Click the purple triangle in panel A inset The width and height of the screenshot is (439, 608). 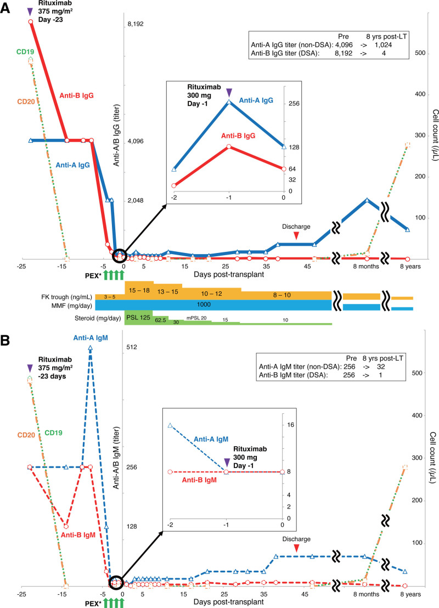tap(229, 91)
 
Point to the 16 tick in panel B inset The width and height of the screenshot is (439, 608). tap(291, 425)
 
